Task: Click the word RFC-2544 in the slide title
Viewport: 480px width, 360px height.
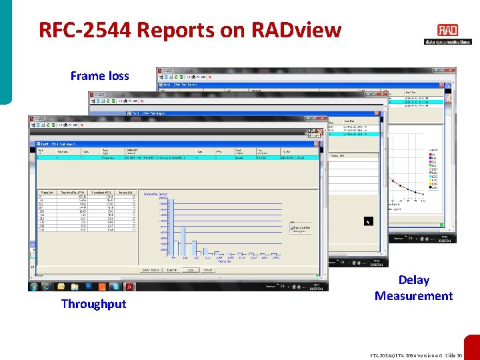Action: click(x=79, y=30)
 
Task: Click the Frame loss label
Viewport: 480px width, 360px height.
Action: click(x=99, y=76)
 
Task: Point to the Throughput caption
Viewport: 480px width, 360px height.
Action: click(x=93, y=304)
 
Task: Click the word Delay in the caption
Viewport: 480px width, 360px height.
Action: click(x=413, y=280)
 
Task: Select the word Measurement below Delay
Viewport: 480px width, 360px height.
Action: click(x=413, y=296)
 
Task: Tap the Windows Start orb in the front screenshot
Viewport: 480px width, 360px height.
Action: click(x=34, y=287)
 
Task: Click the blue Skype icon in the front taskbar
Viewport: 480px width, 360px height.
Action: click(x=115, y=287)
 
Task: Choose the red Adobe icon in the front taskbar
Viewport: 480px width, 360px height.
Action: click(x=129, y=287)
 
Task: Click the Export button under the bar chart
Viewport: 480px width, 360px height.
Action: click(x=172, y=270)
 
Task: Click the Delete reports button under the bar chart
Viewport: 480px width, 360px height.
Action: click(x=151, y=270)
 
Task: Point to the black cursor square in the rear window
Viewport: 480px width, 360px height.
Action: click(x=368, y=221)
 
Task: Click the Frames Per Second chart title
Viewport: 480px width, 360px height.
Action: click(x=155, y=194)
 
